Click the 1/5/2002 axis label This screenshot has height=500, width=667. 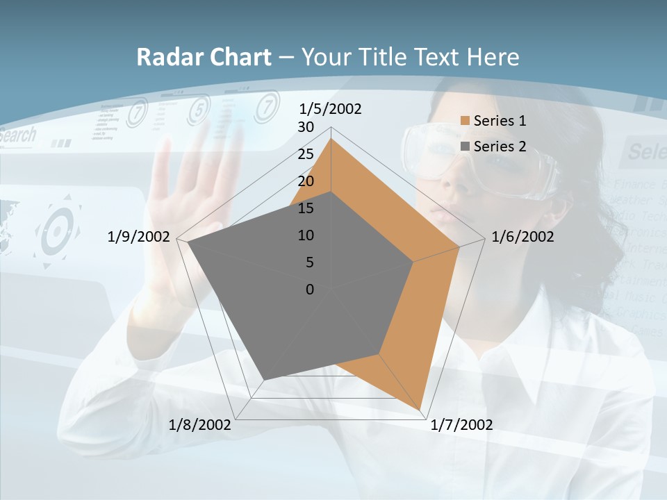[x=330, y=109]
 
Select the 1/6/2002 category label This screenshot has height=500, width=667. [x=522, y=237]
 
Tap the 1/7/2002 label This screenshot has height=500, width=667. [x=461, y=425]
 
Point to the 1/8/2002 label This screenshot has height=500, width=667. [x=200, y=425]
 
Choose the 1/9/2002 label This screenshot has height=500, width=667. [x=139, y=237]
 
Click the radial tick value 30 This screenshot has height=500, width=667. [x=306, y=127]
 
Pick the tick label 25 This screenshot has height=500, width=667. [x=306, y=154]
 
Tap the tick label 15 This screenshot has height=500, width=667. [x=306, y=208]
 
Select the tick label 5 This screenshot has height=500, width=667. [x=309, y=262]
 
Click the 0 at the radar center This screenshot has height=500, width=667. [x=310, y=290]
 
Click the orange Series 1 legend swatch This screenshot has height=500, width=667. [x=465, y=121]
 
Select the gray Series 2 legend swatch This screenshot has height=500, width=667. [x=465, y=147]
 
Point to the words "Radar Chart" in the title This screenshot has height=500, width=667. [x=204, y=57]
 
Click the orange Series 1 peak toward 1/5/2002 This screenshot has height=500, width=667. [x=331, y=140]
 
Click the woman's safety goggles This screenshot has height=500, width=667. [x=479, y=156]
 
